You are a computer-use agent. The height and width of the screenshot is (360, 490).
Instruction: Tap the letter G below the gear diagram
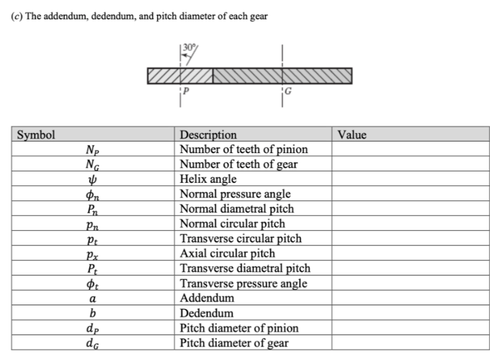click(x=288, y=91)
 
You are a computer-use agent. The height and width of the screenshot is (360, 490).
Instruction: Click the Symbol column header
click(x=36, y=135)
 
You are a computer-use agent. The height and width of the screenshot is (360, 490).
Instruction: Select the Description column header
click(x=208, y=135)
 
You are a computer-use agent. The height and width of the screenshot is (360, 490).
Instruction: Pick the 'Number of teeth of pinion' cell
click(x=243, y=150)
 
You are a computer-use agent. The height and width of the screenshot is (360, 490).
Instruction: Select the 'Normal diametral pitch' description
click(x=237, y=209)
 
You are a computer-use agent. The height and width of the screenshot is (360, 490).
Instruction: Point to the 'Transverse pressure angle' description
click(x=244, y=283)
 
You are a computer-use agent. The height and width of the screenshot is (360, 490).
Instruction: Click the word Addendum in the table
click(x=207, y=298)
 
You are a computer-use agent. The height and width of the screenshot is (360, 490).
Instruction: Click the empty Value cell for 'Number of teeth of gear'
click(x=410, y=164)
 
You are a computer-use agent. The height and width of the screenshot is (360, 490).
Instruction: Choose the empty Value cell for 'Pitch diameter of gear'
click(x=410, y=343)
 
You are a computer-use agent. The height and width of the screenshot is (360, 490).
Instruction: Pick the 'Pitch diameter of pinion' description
click(x=239, y=328)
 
